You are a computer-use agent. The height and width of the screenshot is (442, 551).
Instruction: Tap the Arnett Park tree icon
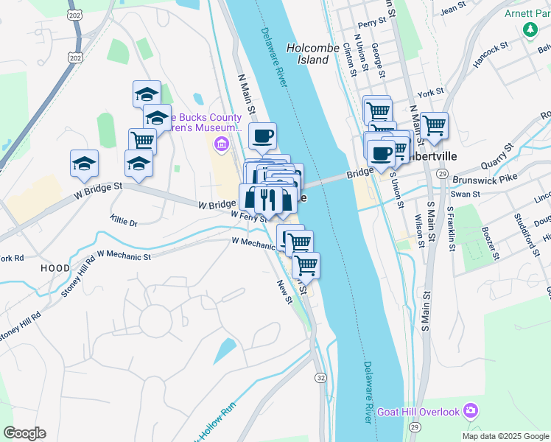529,29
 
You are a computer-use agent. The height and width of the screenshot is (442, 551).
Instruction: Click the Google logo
24,433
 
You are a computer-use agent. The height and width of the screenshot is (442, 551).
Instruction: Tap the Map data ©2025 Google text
505,436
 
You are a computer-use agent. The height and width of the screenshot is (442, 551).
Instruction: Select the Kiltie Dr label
123,221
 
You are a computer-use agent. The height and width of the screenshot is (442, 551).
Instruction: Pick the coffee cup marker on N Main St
262,136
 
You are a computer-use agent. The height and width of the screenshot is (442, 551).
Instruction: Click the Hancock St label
491,56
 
